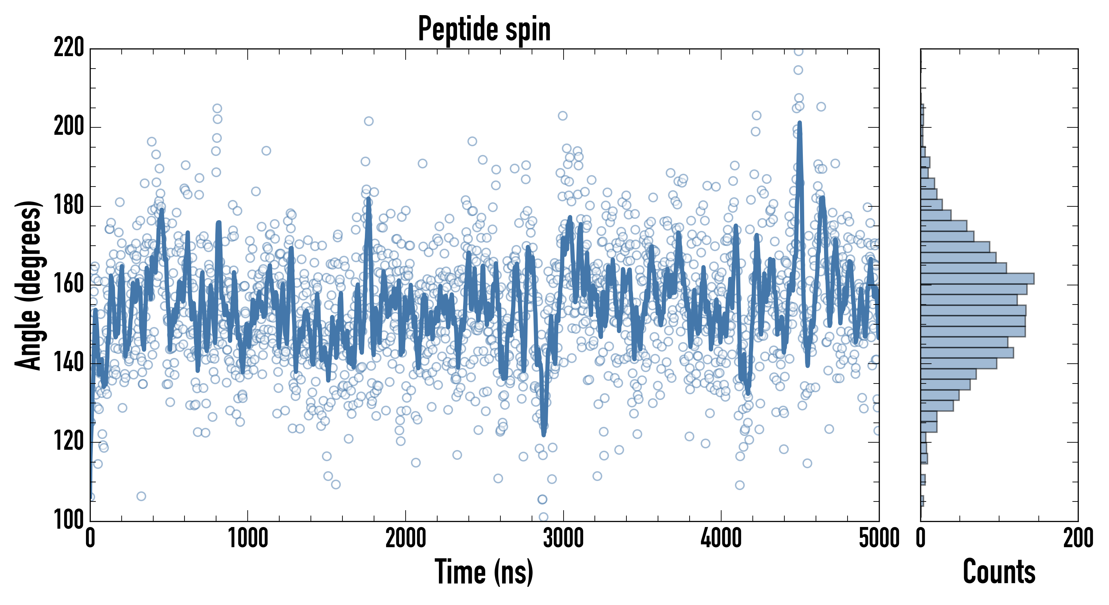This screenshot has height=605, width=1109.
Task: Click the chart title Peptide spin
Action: point(484,29)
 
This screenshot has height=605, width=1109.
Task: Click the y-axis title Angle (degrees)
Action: point(29,285)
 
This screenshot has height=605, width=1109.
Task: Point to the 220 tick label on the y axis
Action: point(69,48)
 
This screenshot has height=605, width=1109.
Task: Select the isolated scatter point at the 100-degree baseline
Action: point(543,517)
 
